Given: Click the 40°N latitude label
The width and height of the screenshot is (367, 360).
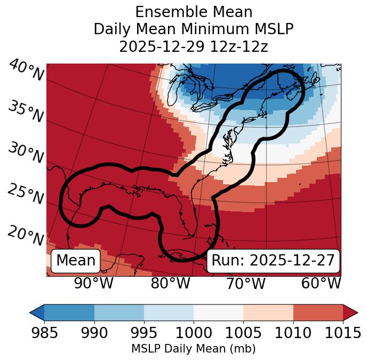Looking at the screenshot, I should (26, 71).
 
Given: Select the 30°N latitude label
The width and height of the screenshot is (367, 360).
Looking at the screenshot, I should (26, 153).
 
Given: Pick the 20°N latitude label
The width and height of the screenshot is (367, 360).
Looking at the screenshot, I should (26, 235).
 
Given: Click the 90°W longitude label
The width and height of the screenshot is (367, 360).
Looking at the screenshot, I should (94, 283).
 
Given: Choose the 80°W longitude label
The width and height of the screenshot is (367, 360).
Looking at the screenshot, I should (170, 283).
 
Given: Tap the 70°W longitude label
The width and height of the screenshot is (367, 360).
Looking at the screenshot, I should (245, 283).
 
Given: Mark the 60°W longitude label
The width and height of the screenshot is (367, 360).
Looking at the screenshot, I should (321, 283).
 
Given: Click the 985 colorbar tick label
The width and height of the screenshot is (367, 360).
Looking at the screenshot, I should (44, 333).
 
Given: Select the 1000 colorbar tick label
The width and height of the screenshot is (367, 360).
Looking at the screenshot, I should (194, 333).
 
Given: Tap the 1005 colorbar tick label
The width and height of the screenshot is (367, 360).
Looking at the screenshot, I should (243, 333).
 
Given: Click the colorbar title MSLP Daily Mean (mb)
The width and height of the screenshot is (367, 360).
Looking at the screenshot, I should (194, 349).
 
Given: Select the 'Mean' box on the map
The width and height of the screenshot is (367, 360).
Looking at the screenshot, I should (76, 261).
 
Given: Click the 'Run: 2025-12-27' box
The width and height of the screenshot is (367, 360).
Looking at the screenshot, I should (273, 261).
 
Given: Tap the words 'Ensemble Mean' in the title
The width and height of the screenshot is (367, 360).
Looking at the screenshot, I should (194, 12).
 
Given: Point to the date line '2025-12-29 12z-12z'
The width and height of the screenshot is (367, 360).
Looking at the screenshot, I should (194, 46).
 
